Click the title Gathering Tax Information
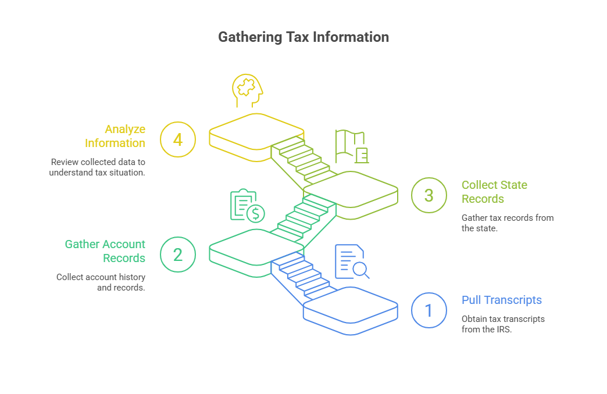pos(303,37)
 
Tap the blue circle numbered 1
pos(429,310)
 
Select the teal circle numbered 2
pos(178,255)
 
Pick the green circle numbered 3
pos(429,195)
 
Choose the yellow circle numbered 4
pos(178,139)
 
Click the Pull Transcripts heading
pos(501,300)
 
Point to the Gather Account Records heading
pos(105,251)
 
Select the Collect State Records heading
pos(494,192)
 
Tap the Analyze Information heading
pos(115,136)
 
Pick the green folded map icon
pos(351,146)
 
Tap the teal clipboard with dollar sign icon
pos(247,206)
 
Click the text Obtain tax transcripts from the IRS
pos(503,324)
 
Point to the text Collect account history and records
pos(101,282)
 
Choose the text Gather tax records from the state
pos(507,223)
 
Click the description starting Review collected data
pos(98,167)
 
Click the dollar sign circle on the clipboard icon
pos(255,214)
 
